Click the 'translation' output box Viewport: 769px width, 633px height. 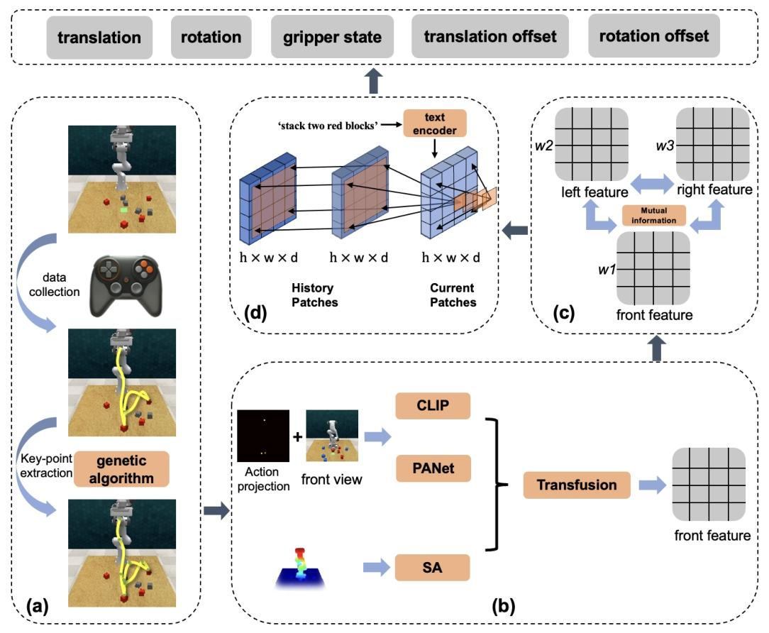(x=99, y=37)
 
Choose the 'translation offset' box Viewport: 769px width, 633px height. (x=490, y=37)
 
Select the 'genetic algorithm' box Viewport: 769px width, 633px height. (x=121, y=468)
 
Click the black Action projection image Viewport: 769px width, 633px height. (x=263, y=436)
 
